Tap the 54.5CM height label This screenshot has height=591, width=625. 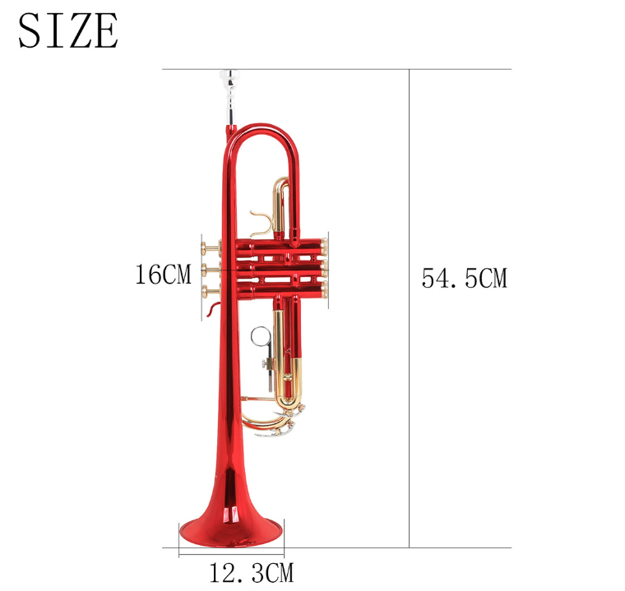point(464,278)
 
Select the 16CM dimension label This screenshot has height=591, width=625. point(162,274)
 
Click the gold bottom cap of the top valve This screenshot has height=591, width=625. point(326,244)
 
